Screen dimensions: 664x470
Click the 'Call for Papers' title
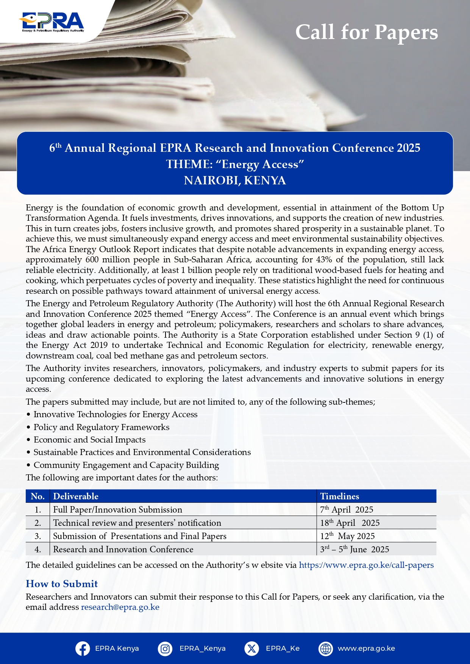[366, 32]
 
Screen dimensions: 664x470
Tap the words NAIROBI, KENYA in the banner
[235, 181]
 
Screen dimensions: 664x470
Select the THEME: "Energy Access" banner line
[235, 164]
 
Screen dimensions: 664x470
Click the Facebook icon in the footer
[83, 648]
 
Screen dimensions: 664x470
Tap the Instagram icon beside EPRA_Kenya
[165, 648]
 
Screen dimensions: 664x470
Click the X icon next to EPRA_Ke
[251, 648]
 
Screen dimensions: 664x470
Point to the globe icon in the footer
[326, 648]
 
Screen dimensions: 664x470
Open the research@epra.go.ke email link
[120, 607]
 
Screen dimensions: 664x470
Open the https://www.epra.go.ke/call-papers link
[366, 565]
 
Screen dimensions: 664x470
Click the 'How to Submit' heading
[62, 584]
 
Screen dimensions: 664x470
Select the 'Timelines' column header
[339, 496]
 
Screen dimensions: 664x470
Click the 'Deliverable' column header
[76, 496]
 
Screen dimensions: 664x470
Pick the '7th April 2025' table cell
[347, 510]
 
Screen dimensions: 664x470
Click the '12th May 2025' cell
[347, 536]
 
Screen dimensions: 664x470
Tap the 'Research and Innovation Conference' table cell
[123, 549]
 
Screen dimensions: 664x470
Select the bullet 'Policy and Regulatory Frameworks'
[101, 427]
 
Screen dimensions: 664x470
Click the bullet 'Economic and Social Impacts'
[89, 440]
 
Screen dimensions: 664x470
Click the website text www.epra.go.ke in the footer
[366, 648]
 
